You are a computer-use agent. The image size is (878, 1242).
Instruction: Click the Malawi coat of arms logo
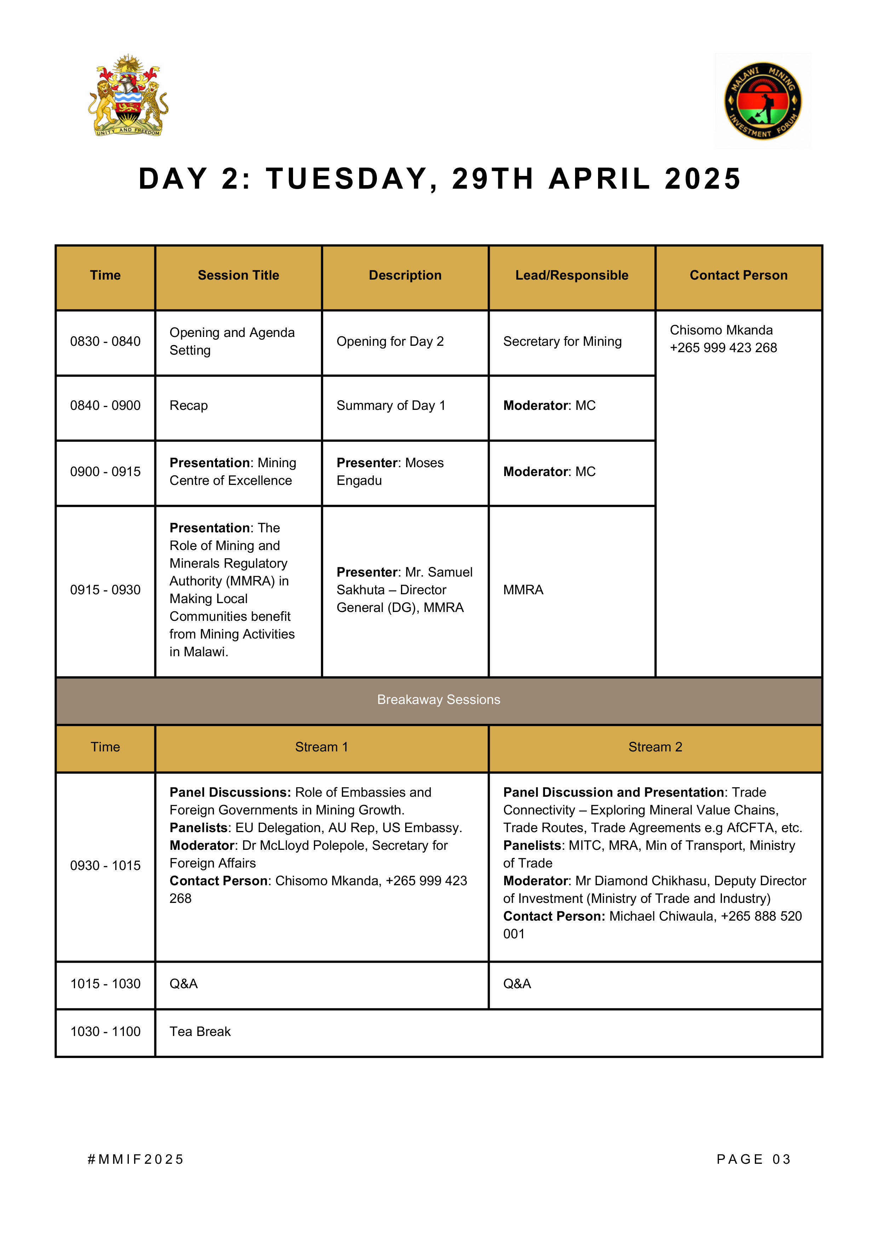(x=128, y=96)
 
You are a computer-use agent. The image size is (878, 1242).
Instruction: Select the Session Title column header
(x=238, y=275)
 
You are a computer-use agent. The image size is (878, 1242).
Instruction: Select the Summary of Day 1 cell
(x=391, y=406)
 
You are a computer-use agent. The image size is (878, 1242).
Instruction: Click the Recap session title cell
(x=188, y=406)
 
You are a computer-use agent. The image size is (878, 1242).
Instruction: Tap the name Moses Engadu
(x=390, y=472)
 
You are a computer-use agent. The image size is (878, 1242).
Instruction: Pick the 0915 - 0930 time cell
(x=105, y=590)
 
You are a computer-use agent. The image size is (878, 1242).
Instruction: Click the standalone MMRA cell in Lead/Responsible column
(x=523, y=590)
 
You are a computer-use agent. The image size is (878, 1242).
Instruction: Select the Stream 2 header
(x=655, y=747)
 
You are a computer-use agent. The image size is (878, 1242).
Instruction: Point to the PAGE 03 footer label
(x=753, y=1159)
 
